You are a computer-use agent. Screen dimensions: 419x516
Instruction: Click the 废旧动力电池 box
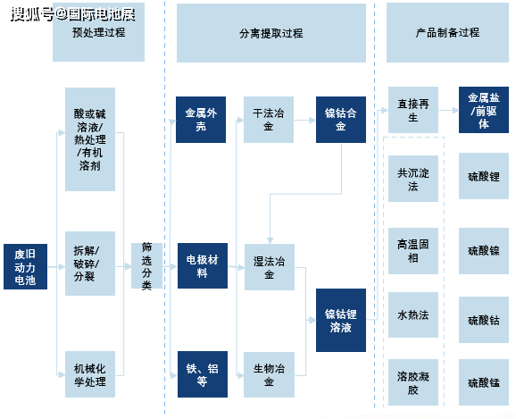click(x=25, y=267)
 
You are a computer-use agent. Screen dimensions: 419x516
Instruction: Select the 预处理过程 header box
click(x=98, y=32)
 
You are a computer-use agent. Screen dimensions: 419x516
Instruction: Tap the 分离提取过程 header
click(x=271, y=33)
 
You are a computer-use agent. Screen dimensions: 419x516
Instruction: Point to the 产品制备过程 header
click(x=447, y=32)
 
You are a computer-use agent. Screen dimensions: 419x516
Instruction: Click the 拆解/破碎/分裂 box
click(x=90, y=263)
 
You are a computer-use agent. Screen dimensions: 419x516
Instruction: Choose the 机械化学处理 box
click(x=90, y=374)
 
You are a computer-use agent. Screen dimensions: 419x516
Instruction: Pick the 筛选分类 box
click(x=146, y=266)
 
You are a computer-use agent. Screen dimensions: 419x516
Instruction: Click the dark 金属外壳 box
click(x=200, y=120)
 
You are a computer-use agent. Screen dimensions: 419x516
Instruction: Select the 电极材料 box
click(x=200, y=265)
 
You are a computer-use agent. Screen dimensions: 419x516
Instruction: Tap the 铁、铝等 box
click(x=200, y=374)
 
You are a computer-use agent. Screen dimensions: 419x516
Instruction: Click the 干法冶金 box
click(x=269, y=120)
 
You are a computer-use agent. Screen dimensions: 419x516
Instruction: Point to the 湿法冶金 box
click(x=269, y=267)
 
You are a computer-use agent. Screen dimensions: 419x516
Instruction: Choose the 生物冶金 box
click(x=269, y=374)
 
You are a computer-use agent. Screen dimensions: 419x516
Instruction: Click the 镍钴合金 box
click(x=340, y=120)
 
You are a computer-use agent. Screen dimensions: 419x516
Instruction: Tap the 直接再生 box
click(x=412, y=110)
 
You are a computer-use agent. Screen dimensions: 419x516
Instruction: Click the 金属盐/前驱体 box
click(x=483, y=110)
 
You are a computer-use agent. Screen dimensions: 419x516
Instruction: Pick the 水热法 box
click(x=412, y=315)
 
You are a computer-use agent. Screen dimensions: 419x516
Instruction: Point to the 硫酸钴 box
click(x=483, y=318)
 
